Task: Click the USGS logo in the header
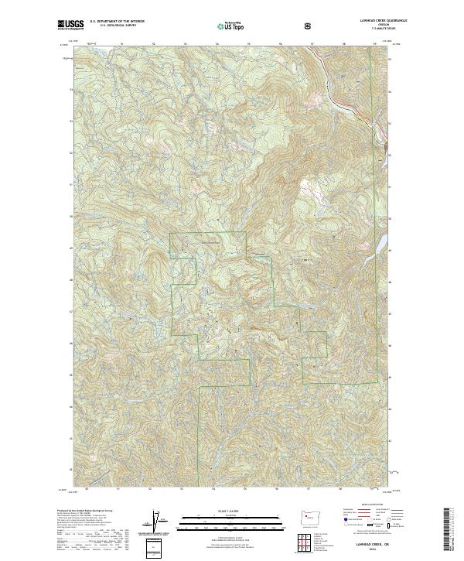coord(70,26)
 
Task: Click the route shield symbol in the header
coord(308,26)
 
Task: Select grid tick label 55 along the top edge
coord(248,43)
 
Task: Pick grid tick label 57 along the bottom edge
coord(308,489)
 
